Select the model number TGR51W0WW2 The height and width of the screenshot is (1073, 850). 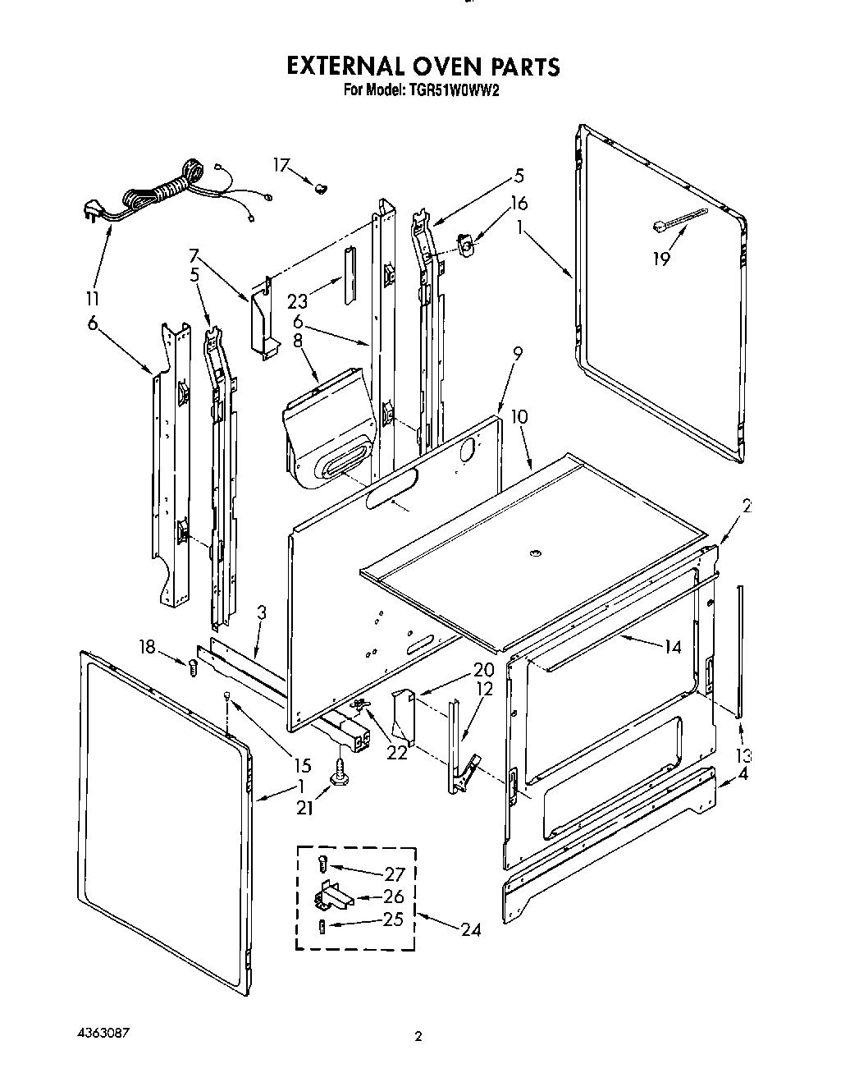tap(450, 91)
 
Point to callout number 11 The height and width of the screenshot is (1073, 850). tap(92, 299)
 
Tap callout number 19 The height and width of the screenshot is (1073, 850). tap(660, 259)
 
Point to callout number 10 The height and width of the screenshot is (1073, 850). tap(519, 417)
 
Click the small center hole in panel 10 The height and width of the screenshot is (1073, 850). tap(535, 555)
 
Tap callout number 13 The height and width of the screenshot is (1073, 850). tap(743, 756)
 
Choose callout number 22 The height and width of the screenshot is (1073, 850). tap(398, 753)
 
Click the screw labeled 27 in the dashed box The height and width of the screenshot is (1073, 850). tap(322, 864)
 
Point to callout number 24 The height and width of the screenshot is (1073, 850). tap(470, 929)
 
